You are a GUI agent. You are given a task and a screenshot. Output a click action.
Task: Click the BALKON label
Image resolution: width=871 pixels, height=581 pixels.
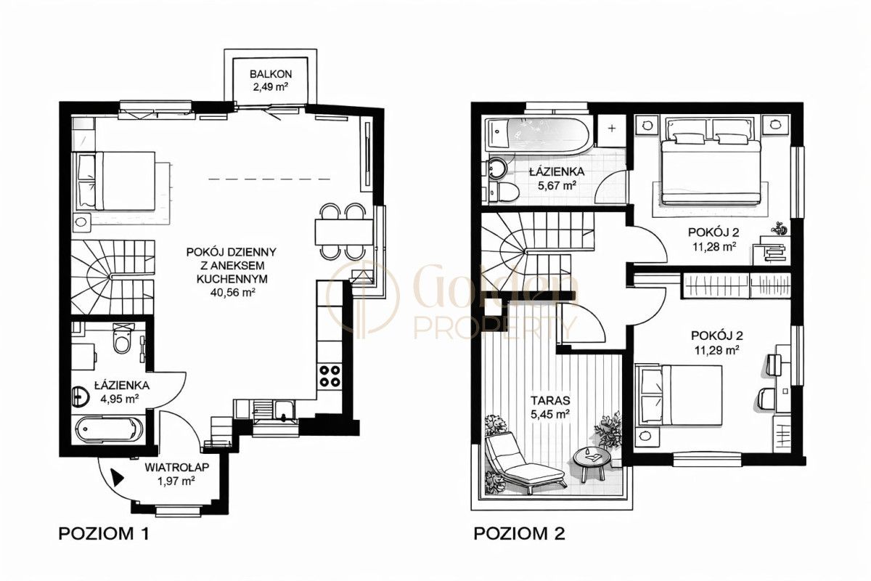[x=271, y=73]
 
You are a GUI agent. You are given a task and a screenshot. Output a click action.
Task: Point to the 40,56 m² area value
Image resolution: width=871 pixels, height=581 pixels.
[x=232, y=292]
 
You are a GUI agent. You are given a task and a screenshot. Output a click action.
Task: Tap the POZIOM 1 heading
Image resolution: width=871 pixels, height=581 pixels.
[x=104, y=534]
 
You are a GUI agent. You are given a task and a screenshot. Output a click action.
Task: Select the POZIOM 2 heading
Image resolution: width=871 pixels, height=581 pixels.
[x=520, y=534]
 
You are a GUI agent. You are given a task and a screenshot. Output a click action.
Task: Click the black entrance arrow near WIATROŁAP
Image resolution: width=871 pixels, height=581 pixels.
[x=118, y=476]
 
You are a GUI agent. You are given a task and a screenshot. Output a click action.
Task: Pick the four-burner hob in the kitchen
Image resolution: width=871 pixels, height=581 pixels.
[x=330, y=376]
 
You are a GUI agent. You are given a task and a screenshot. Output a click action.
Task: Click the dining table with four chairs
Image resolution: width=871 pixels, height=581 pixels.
[x=344, y=232]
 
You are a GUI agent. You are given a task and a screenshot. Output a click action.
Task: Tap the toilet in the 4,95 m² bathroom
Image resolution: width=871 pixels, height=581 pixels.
[x=123, y=339]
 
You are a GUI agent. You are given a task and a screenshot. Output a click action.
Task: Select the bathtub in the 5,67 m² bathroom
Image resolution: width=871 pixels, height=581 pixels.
[x=537, y=134]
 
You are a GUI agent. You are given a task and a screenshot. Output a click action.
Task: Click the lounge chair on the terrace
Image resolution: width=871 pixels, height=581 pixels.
[x=523, y=464]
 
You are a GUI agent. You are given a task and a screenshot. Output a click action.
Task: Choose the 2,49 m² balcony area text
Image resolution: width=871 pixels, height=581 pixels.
[x=271, y=86]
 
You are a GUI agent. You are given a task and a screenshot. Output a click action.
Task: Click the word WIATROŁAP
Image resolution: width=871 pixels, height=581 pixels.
[x=177, y=467]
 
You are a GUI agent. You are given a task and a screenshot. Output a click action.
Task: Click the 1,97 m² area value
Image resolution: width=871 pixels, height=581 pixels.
[x=176, y=481]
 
